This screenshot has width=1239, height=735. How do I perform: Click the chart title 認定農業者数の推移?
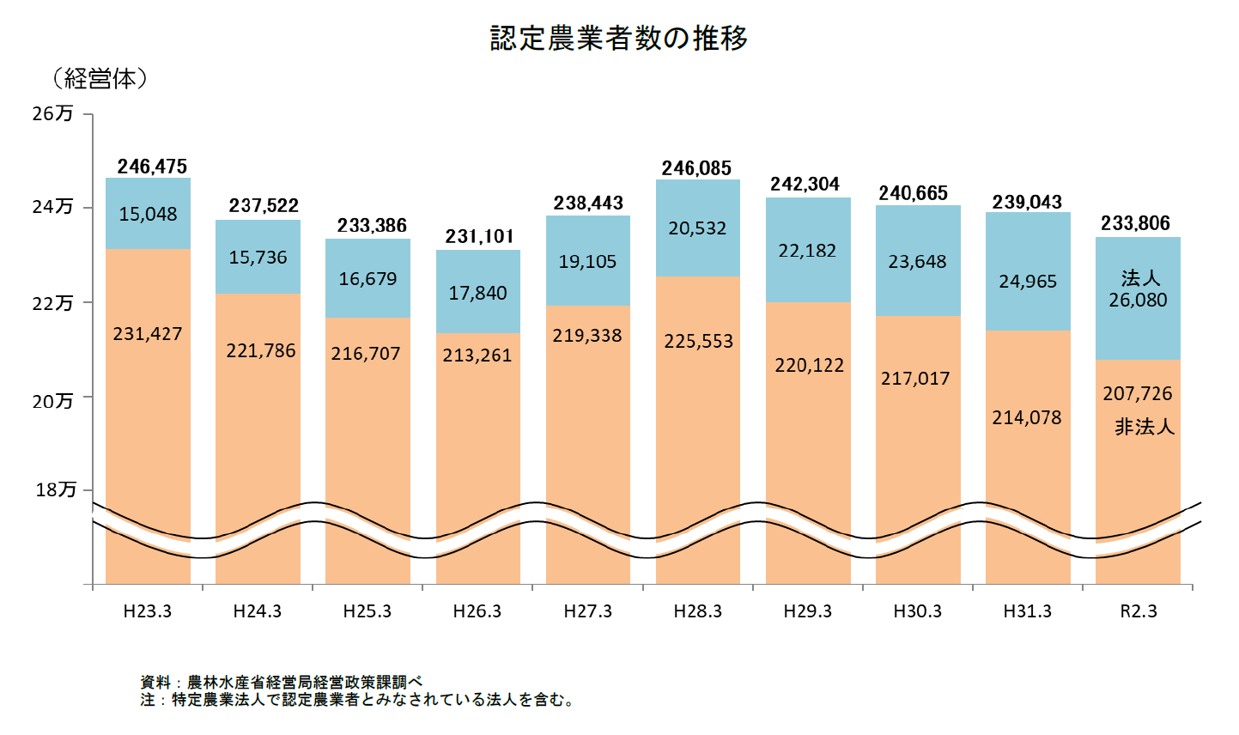point(618,39)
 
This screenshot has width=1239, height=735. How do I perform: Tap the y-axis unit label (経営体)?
point(100,80)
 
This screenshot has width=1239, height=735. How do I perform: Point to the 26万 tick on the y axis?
point(53,113)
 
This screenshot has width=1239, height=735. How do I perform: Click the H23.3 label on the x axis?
point(148,611)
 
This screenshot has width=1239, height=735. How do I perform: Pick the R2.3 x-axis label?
point(1139,611)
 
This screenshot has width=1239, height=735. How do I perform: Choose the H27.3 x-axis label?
point(588,611)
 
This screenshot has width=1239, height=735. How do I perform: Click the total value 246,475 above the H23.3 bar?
point(152,167)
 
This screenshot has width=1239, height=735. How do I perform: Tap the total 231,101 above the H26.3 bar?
point(479,237)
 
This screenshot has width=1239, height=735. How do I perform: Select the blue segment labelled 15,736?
point(258,258)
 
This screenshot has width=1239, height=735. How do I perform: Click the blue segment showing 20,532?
point(697,228)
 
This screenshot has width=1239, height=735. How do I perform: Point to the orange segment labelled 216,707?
point(367,354)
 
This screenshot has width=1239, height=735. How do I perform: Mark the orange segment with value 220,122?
point(809,366)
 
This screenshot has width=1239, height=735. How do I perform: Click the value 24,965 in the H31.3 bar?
point(1028,282)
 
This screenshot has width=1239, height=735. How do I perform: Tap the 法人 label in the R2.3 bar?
point(1139,278)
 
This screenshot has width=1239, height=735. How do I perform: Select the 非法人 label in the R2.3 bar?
point(1144,427)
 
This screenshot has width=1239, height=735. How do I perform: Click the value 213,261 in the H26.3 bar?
point(477,355)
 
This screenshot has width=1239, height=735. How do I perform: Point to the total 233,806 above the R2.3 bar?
point(1136,224)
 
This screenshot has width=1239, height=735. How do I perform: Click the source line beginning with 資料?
point(282,683)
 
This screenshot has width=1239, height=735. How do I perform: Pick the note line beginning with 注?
point(357,701)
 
